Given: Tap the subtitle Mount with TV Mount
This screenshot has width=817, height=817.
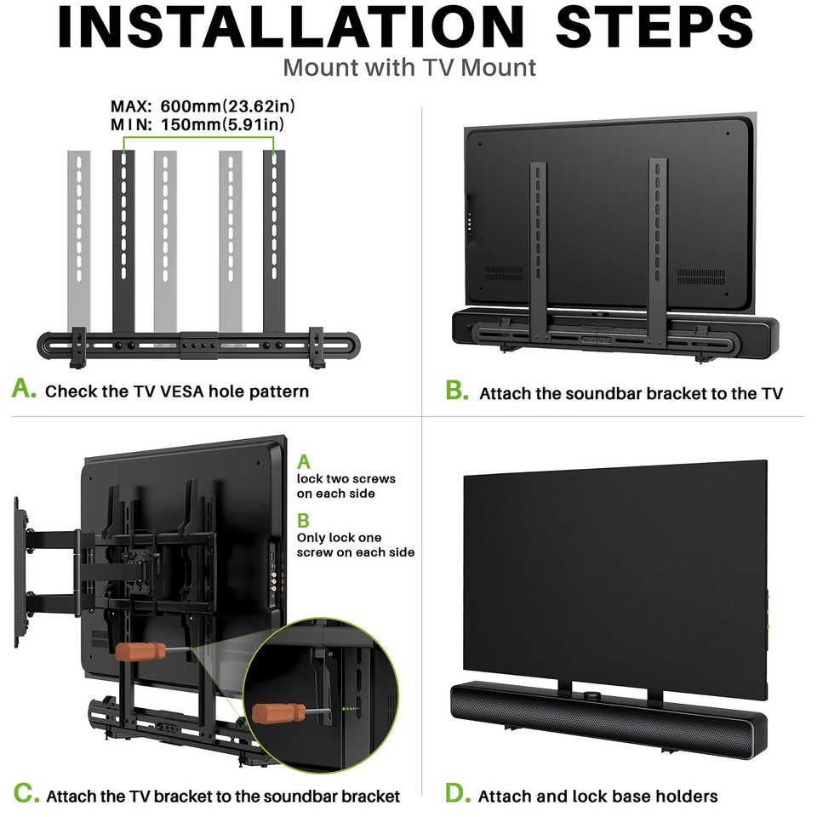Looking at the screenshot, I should tap(409, 66).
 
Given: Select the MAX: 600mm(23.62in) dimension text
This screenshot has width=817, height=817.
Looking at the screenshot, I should tap(203, 107).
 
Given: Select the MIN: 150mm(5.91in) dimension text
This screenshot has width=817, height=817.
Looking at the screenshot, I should tap(197, 125).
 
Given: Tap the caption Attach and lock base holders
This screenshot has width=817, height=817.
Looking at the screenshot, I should tap(597, 797).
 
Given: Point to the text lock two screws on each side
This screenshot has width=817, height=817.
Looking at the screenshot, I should tap(346, 486).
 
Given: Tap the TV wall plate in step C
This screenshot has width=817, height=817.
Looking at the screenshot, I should tap(19, 570).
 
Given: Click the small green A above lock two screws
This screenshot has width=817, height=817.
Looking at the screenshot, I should tap(304, 462).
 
